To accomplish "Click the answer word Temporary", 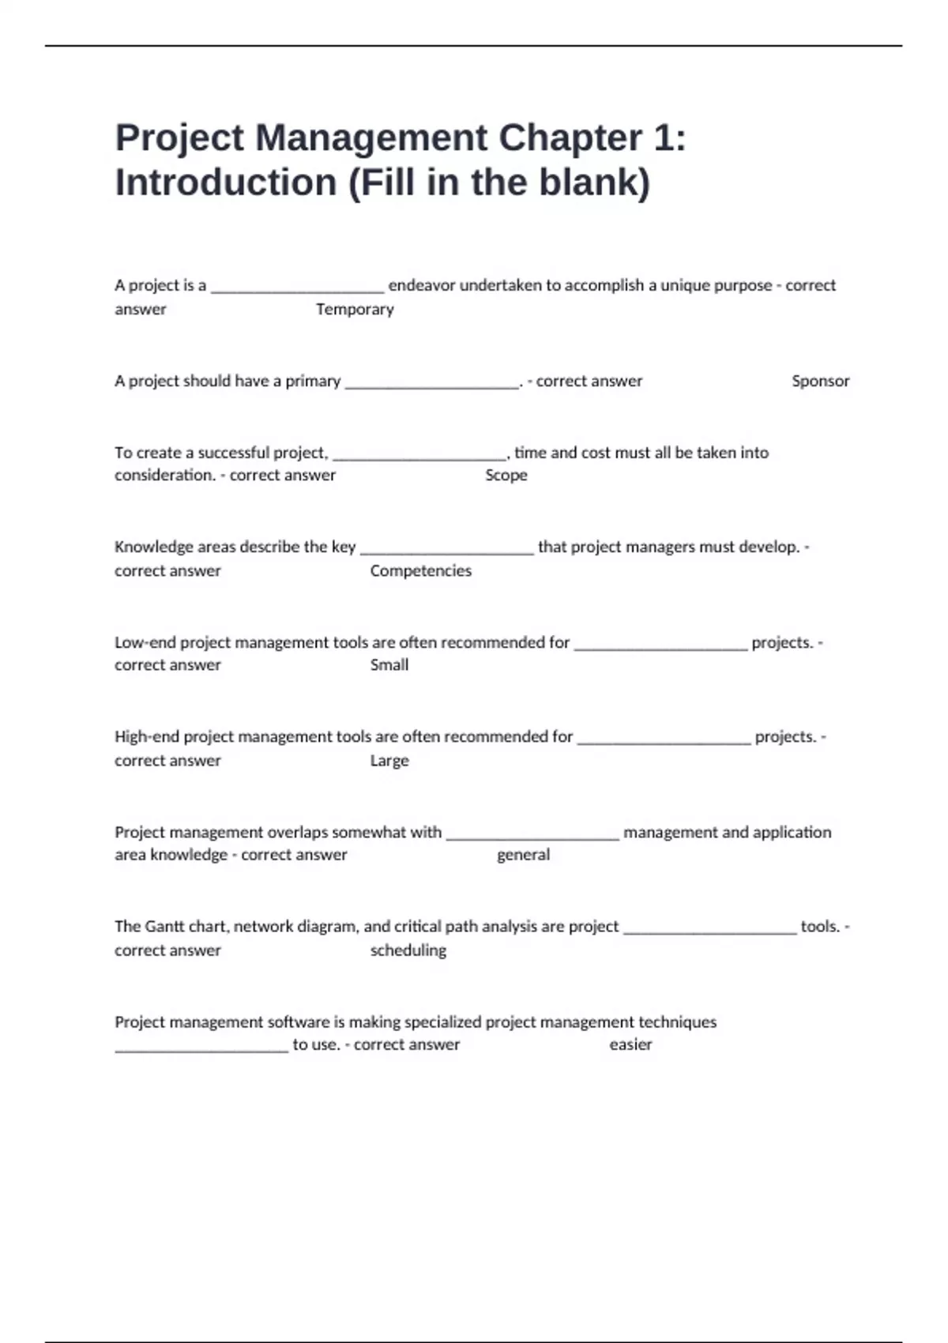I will (x=355, y=310).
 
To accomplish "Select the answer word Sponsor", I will (x=820, y=381).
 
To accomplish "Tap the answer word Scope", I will (x=506, y=476).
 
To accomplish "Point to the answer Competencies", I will (x=420, y=571).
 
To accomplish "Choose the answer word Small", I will (x=389, y=665).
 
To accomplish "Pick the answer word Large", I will (x=389, y=761).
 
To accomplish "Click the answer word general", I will (x=523, y=855).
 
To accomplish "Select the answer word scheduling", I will (x=408, y=950).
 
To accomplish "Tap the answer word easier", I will (x=630, y=1044).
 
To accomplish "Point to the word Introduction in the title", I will (x=226, y=182).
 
